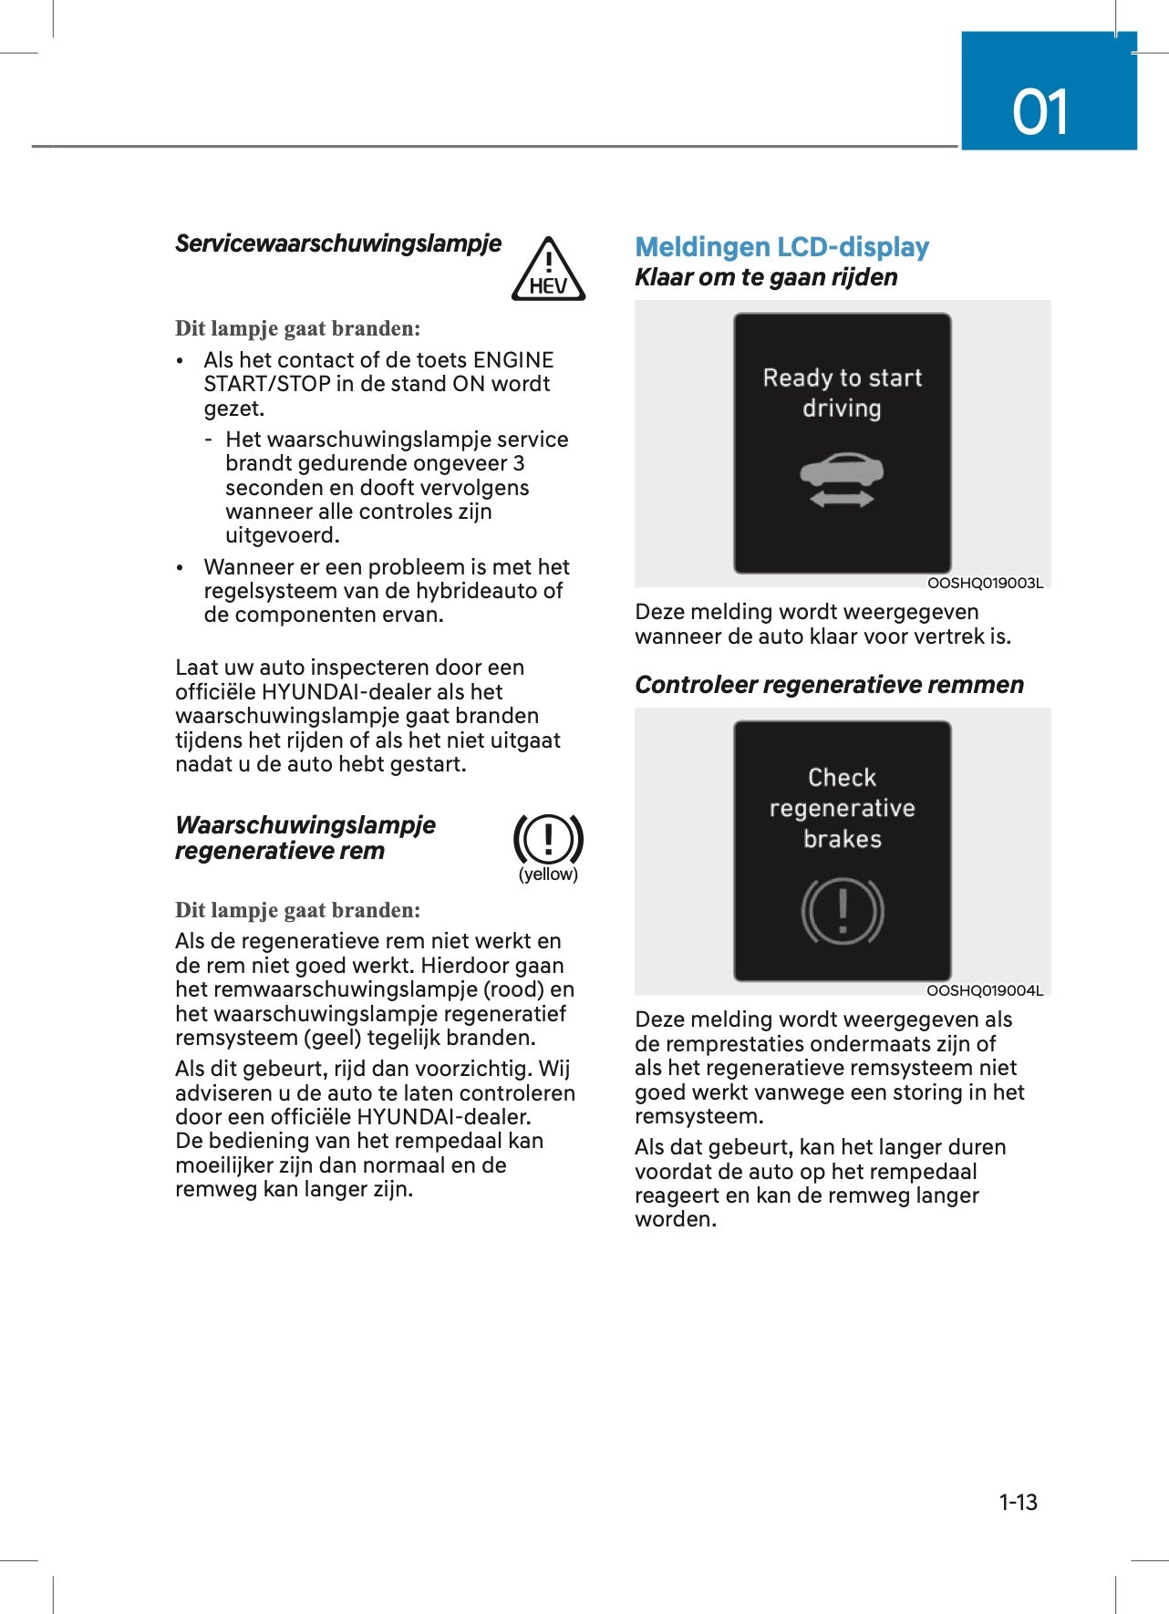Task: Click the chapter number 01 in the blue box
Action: (1040, 113)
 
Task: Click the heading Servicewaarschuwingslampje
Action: (338, 243)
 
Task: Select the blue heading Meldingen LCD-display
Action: (781, 247)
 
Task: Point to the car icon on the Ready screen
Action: (842, 471)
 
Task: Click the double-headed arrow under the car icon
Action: (842, 499)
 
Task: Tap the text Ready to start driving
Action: (842, 392)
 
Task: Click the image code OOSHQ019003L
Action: (984, 583)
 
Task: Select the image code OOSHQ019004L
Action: (984, 990)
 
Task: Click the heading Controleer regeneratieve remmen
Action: (829, 685)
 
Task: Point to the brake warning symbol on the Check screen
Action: (842, 911)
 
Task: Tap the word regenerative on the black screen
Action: (842, 808)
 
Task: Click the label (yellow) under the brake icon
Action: (548, 874)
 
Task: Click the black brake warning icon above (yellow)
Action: (548, 839)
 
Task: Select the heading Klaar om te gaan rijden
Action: (766, 277)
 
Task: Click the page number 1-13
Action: (1018, 1502)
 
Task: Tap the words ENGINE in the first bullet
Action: (513, 360)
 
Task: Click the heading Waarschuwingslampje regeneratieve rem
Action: (305, 838)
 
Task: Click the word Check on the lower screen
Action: (842, 778)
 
